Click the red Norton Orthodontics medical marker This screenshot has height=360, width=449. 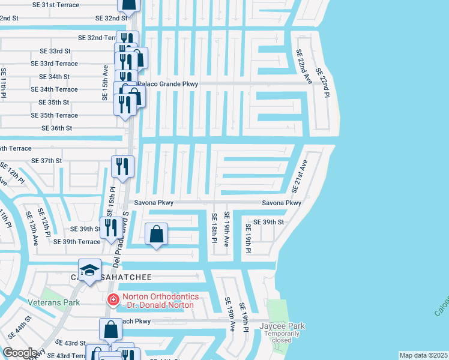click(112, 299)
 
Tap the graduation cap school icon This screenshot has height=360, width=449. click(89, 270)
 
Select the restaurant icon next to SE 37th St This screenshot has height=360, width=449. click(122, 167)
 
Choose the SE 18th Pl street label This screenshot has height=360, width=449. click(213, 228)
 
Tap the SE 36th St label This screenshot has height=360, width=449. click(57, 128)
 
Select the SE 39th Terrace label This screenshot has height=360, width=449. click(77, 242)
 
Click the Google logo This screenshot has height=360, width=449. click(20, 352)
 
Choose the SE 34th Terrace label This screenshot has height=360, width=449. click(58, 89)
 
